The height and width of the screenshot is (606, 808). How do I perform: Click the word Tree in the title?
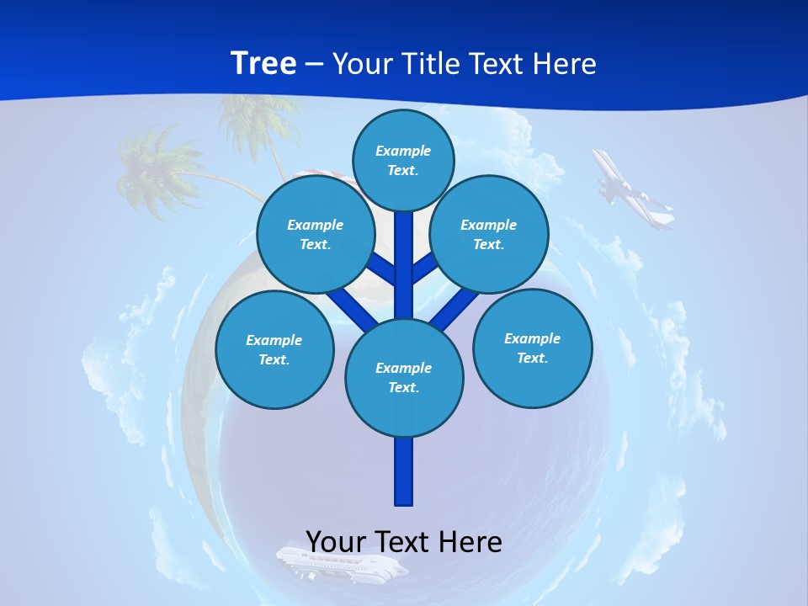coord(263,63)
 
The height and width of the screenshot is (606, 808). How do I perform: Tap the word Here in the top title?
coord(562,63)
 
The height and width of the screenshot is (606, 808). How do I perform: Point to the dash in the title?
coord(314,65)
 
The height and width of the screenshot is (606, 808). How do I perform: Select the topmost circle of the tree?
coord(403,160)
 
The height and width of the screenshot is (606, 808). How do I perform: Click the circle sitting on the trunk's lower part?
coord(404,377)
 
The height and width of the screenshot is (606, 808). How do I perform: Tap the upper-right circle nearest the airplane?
coord(489,234)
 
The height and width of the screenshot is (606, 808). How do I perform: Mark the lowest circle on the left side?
coord(274,349)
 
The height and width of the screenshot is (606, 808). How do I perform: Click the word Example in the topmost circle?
coord(403,151)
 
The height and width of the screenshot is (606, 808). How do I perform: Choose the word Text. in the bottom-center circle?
coord(403,387)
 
